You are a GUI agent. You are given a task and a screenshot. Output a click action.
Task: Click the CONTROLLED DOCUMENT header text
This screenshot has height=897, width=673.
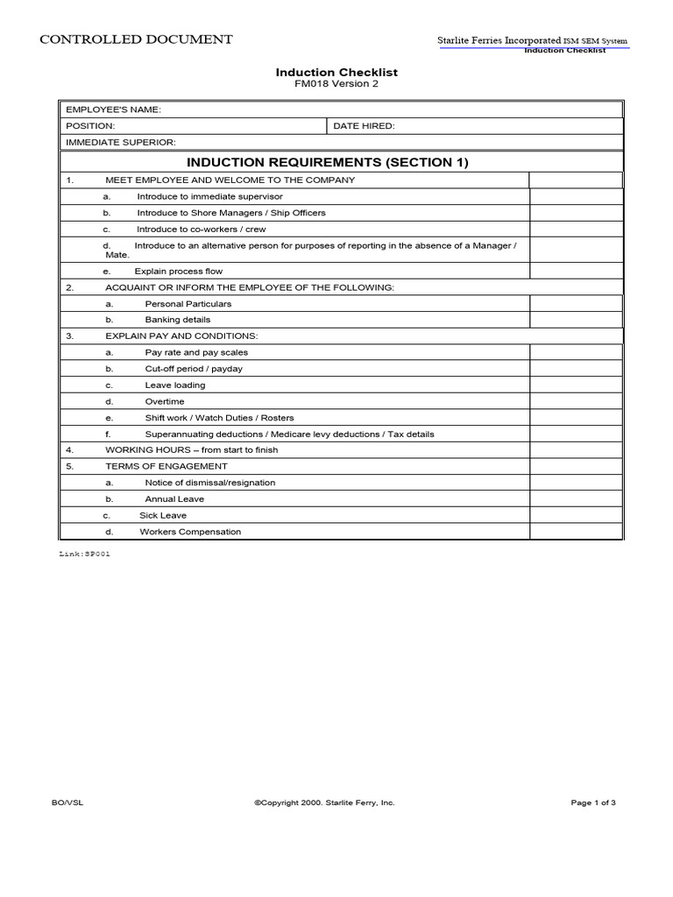tap(136, 39)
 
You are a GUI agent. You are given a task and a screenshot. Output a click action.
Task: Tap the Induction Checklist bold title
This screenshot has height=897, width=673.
tap(336, 72)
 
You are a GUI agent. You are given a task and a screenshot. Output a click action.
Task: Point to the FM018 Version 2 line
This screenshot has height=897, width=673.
tap(336, 84)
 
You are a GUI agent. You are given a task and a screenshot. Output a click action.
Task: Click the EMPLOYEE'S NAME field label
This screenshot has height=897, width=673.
tap(114, 109)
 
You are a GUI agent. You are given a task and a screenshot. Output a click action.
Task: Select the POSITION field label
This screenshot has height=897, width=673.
tap(91, 126)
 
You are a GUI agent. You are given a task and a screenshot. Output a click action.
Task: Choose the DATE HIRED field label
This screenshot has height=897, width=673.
tap(365, 126)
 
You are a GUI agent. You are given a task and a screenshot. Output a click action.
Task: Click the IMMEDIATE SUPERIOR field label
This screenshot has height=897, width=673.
tap(121, 142)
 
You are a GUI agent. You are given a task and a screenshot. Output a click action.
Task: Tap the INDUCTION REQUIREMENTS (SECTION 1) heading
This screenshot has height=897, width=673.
tap(328, 162)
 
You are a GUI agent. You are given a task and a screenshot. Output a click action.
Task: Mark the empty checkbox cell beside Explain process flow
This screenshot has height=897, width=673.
tap(575, 272)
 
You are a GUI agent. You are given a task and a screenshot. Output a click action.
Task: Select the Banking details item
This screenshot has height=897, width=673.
tap(178, 320)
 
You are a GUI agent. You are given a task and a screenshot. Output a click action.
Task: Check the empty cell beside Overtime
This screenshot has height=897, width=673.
tap(575, 401)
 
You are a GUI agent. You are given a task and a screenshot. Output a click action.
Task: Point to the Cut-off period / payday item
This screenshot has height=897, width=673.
tap(194, 369)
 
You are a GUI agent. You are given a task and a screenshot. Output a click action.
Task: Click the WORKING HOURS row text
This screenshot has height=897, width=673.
tap(191, 450)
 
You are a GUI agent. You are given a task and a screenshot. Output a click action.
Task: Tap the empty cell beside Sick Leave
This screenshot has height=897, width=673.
tap(575, 515)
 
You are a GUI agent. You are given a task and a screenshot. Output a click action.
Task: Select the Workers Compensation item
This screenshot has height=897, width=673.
tap(190, 532)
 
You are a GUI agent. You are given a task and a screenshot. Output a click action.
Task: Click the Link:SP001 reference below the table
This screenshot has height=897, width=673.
tap(84, 554)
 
